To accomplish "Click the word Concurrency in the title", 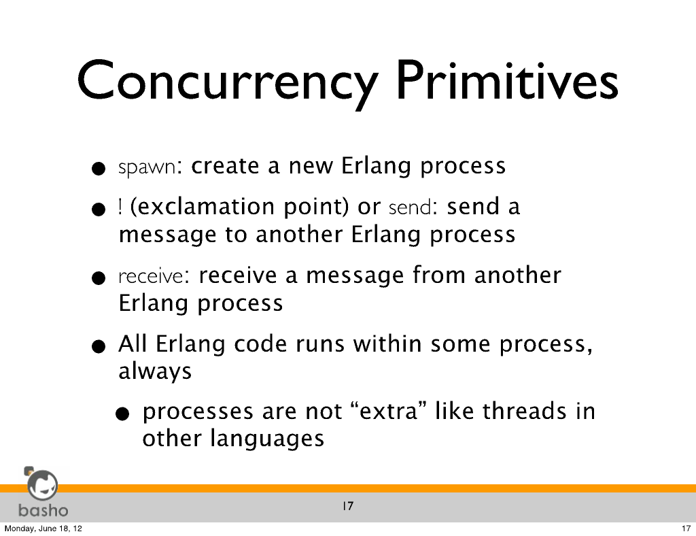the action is tap(226, 83).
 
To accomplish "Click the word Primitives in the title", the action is tap(507, 80).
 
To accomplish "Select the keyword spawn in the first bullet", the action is tap(147, 167).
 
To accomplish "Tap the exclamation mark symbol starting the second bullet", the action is tap(120, 207).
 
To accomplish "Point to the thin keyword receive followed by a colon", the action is tap(150, 276).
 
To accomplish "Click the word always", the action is tap(155, 371).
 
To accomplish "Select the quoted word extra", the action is tap(387, 411).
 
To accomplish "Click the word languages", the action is tap(266, 439).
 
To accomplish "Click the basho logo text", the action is tap(43, 510).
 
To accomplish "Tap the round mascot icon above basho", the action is tap(42, 484).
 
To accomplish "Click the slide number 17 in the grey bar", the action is tap(348, 506).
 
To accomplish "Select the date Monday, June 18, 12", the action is tap(43, 529).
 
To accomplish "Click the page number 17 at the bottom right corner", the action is tap(686, 529).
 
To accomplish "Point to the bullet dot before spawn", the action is tap(98, 168).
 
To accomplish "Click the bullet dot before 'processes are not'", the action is tap(122, 414).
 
